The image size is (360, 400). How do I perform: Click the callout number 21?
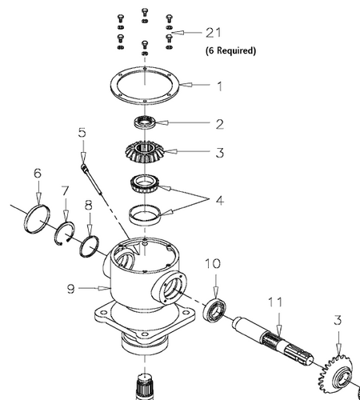click(214, 33)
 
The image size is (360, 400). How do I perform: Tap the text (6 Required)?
click(230, 50)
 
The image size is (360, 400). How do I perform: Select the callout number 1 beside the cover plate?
click(219, 86)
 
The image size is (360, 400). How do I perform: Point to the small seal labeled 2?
click(144, 122)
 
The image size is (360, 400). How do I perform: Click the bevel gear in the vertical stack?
click(144, 152)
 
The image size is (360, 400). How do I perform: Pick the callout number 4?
click(220, 200)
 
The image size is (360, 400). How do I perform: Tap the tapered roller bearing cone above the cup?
click(144, 183)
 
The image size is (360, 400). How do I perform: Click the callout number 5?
click(82, 133)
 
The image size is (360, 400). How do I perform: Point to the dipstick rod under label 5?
click(92, 179)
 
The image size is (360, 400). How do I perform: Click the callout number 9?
click(70, 288)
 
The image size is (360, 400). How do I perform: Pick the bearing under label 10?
click(215, 310)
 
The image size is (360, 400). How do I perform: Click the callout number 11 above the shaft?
click(275, 302)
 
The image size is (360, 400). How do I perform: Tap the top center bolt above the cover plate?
click(144, 12)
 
